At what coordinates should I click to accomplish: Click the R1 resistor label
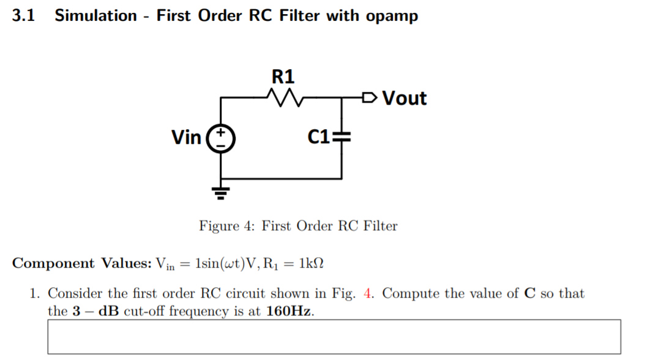[x=283, y=77]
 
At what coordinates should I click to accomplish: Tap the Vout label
[x=404, y=98]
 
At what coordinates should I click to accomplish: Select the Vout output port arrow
[x=369, y=97]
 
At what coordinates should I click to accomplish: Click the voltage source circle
[x=221, y=138]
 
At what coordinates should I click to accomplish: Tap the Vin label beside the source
[x=186, y=138]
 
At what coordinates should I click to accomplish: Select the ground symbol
[x=221, y=193]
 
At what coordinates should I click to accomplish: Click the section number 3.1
[x=23, y=16]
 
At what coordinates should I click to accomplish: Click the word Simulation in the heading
[x=95, y=16]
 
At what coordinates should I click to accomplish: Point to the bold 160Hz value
[x=290, y=310]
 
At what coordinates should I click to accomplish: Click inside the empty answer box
[x=334, y=336]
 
